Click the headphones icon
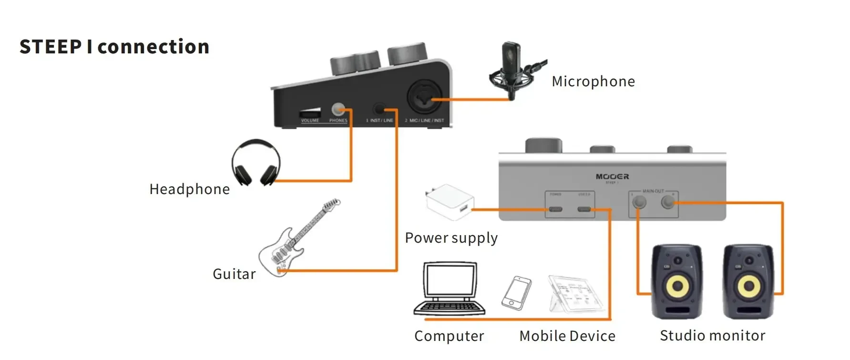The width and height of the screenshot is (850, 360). (256, 163)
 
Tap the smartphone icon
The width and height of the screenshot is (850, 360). (516, 292)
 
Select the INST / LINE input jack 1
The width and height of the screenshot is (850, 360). (380, 109)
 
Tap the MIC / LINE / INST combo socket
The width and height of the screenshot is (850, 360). (424, 98)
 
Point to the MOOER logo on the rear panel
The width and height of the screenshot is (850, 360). (612, 176)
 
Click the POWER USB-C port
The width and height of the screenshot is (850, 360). (555, 209)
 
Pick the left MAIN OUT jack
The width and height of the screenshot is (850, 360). (639, 203)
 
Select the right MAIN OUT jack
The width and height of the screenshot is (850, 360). (669, 203)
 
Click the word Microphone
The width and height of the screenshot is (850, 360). (593, 82)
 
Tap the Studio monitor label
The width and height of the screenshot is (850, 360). (712, 336)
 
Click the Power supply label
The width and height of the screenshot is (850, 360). (451, 238)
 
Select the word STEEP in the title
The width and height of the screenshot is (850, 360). (51, 47)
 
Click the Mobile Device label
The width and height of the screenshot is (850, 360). (567, 336)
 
